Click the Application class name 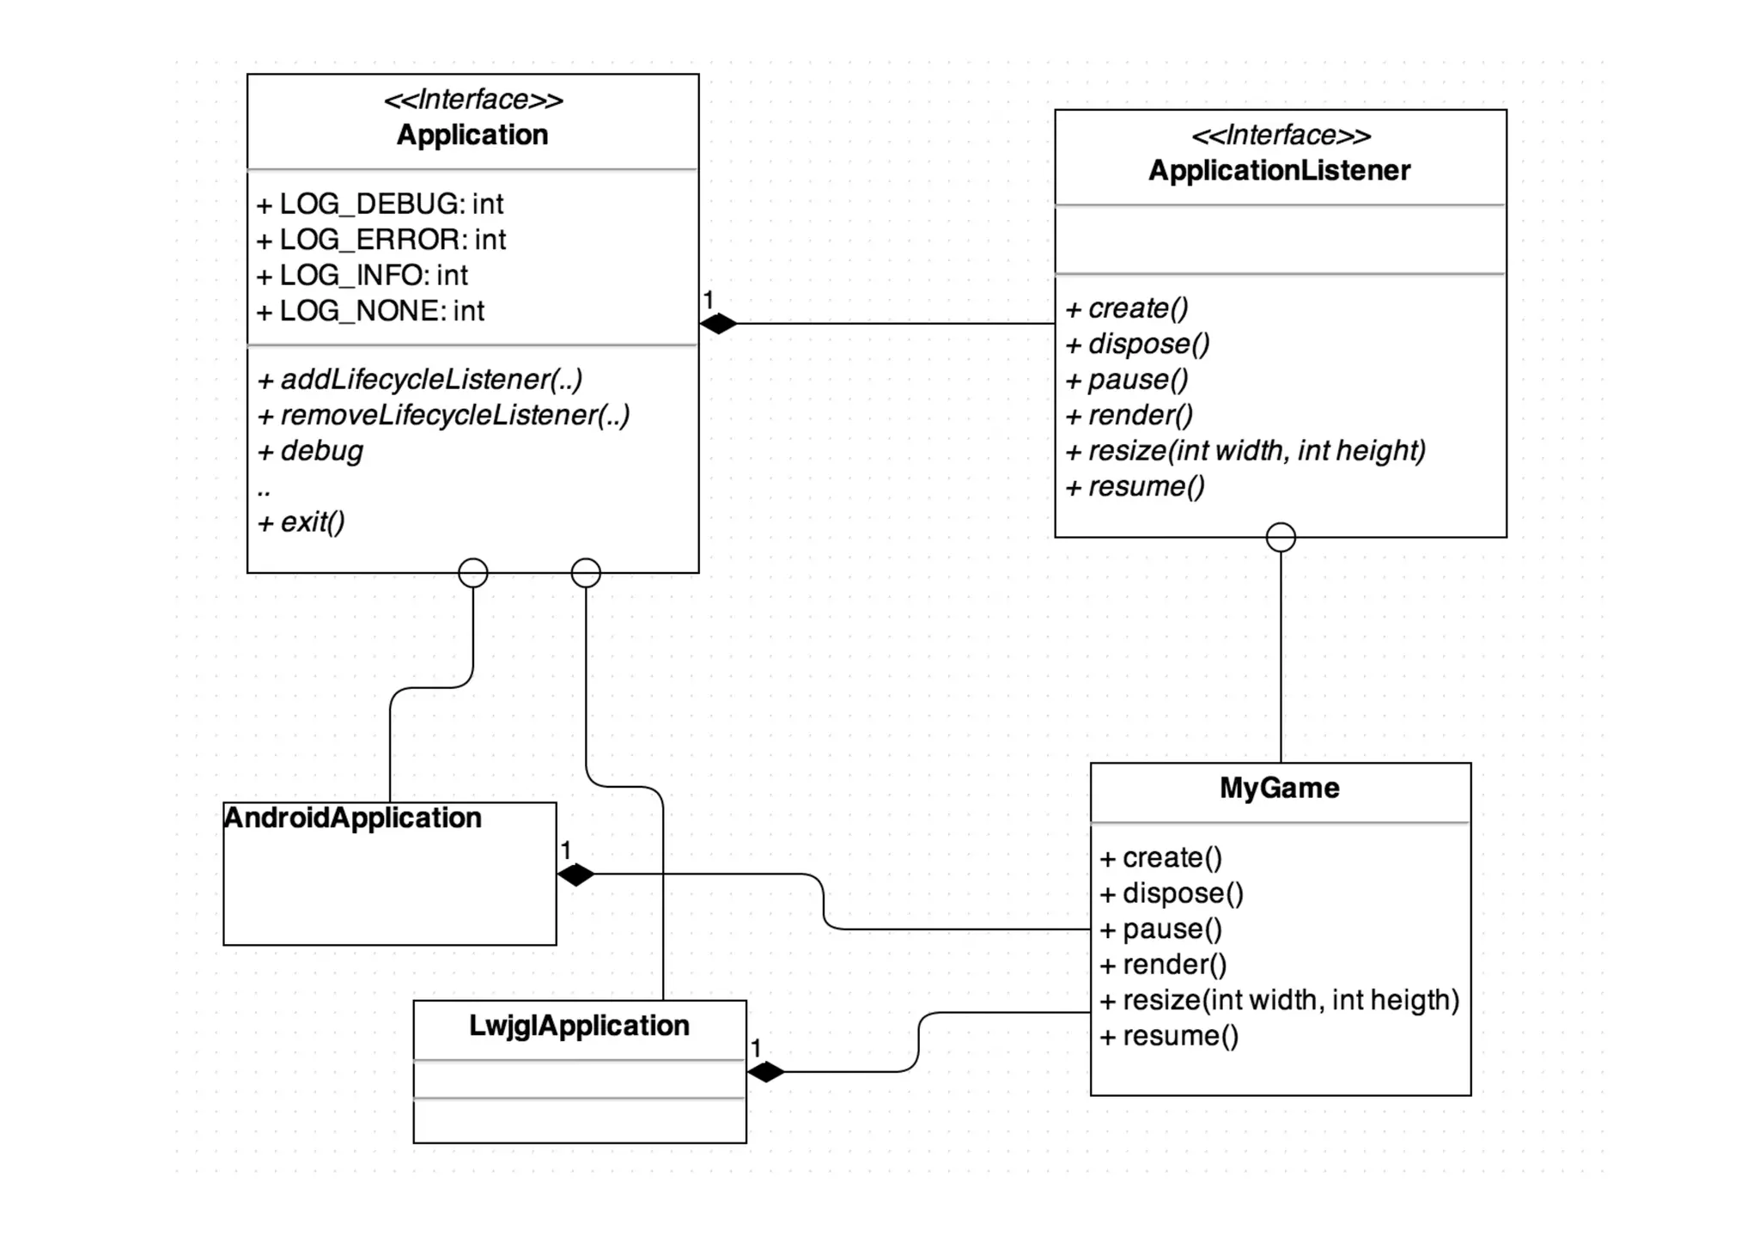point(472,135)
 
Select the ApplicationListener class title point(1279,170)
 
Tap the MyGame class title point(1279,788)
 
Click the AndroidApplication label point(353,818)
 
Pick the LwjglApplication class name point(579,1026)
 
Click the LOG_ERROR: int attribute point(381,240)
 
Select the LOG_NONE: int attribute point(371,311)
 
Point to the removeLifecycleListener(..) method point(444,416)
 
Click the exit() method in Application point(302,522)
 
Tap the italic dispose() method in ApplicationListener point(1138,344)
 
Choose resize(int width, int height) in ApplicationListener point(1245,451)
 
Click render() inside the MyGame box point(1164,965)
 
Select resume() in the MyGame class point(1169,1036)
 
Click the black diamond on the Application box point(719,324)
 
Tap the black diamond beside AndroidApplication point(575,874)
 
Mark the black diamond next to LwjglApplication point(766,1072)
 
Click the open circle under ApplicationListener point(1281,538)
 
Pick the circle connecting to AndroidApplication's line point(473,573)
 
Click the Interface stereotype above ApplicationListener point(1281,136)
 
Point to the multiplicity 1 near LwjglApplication point(756,1048)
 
